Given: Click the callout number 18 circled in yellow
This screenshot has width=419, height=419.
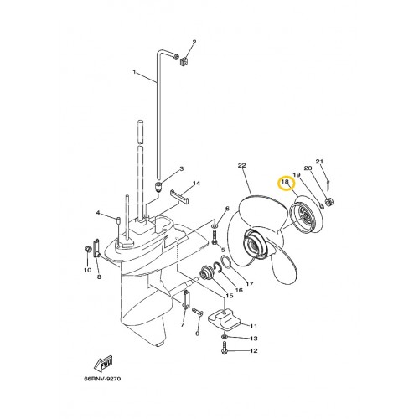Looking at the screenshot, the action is tap(285, 182).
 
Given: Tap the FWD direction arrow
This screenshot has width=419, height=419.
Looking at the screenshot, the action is tap(103, 363).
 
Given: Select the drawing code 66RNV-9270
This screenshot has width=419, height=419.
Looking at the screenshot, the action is tap(102, 379).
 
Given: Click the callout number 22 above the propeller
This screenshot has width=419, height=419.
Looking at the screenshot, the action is tap(241, 165).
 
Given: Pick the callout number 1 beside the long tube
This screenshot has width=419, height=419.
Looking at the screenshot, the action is tap(134, 72).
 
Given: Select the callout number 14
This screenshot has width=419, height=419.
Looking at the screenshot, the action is tap(196, 183).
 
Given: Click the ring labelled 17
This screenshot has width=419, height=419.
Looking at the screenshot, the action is tap(226, 262).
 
